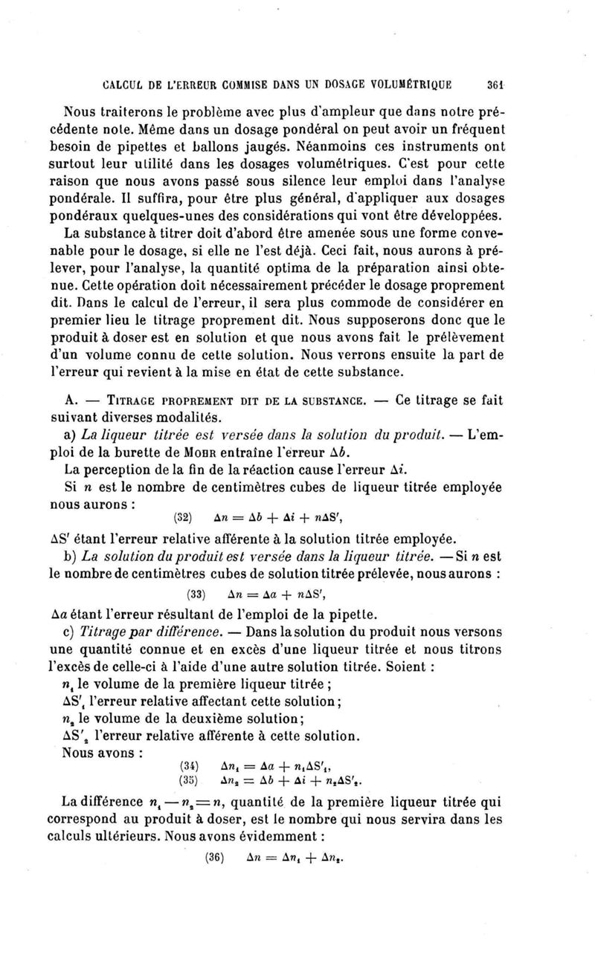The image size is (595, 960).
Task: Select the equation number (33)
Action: coord(196,594)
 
